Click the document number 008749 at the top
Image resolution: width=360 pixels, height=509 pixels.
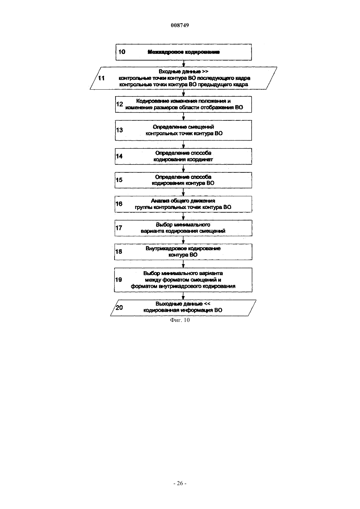coord(180,25)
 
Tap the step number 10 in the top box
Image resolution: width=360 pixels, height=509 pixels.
coord(122,52)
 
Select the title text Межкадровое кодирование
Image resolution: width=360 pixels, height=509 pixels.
coord(184,52)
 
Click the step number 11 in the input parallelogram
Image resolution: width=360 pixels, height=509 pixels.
coord(101,78)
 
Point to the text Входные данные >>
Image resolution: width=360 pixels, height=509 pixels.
coord(183,72)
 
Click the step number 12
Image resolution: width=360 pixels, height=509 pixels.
coord(119,104)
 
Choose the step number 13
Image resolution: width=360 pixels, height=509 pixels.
coord(119,130)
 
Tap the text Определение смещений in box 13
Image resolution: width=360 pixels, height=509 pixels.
coord(183,127)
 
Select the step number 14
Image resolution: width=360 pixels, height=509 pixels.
coord(119,156)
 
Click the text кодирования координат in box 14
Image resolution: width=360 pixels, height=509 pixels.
coord(183,159)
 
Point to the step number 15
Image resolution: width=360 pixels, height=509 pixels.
coord(119,180)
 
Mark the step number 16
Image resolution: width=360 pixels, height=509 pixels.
coord(119,203)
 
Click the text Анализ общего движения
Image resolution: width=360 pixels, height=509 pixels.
coord(183,201)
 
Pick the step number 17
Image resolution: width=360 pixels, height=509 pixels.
coord(119,228)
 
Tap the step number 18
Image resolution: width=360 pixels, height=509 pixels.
coord(118,252)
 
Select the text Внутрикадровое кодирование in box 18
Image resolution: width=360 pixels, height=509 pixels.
coord(183,248)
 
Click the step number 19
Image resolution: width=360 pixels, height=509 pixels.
coord(118,280)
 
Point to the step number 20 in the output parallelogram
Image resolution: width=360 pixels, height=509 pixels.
coord(119,307)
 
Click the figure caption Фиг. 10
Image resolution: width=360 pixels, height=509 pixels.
coord(180,320)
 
